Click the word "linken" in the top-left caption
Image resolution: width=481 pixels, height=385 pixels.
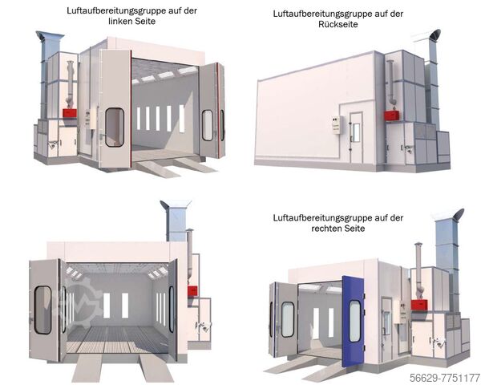[x=120, y=22]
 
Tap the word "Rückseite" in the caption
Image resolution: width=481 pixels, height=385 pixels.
[x=338, y=25]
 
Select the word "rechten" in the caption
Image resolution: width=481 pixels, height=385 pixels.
[x=325, y=229]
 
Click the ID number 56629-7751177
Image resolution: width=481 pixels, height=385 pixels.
[x=445, y=377]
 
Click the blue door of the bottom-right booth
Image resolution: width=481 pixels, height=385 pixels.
[x=353, y=321]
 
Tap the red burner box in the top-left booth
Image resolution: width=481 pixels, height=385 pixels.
[x=70, y=113]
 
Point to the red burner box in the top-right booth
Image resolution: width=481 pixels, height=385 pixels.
[x=392, y=115]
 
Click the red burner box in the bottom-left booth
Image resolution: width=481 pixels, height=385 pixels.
[x=192, y=291]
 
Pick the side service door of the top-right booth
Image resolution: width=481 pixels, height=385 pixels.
[x=356, y=138]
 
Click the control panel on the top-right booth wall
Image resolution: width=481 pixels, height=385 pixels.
[x=336, y=124]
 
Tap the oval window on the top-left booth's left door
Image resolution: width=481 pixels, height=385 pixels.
[x=115, y=127]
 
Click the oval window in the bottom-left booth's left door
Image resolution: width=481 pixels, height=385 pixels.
[x=43, y=310]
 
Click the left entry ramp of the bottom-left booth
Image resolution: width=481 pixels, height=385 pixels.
[x=87, y=368]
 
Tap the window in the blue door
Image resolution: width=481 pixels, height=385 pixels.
[x=354, y=321]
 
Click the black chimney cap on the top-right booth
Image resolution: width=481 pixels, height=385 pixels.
[x=435, y=34]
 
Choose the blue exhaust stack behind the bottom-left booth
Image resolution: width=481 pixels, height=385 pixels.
[x=176, y=221]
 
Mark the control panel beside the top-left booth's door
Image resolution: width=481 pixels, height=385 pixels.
[x=87, y=118]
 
